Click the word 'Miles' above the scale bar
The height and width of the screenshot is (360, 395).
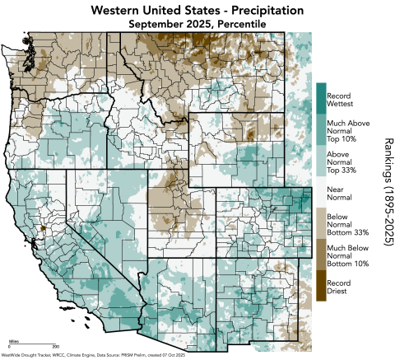click(14, 339)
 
